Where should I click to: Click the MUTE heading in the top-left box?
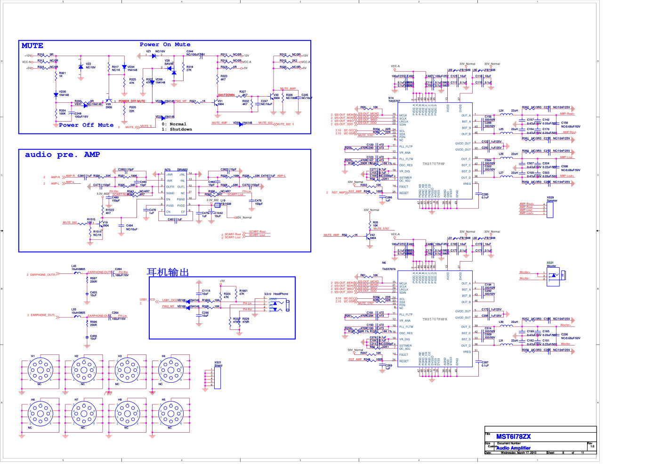pos(32,46)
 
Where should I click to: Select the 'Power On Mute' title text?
pos(165,44)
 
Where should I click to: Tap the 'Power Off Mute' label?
pos(86,125)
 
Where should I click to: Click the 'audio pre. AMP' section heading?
pos(62,155)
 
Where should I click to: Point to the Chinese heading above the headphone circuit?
pos(168,272)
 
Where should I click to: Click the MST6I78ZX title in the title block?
pos(513,436)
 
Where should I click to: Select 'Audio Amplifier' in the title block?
pos(513,448)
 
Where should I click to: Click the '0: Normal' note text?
pos(174,124)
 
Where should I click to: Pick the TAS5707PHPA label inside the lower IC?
pos(435,319)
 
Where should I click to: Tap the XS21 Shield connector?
pos(217,377)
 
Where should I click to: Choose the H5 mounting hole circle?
pos(170,413)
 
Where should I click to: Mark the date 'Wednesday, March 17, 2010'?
pos(518,452)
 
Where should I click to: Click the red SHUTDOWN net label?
pos(226,95)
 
